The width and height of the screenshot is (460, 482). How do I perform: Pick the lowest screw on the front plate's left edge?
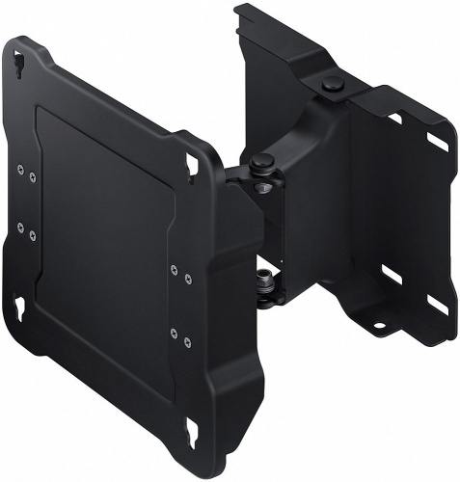tap(33, 233)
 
